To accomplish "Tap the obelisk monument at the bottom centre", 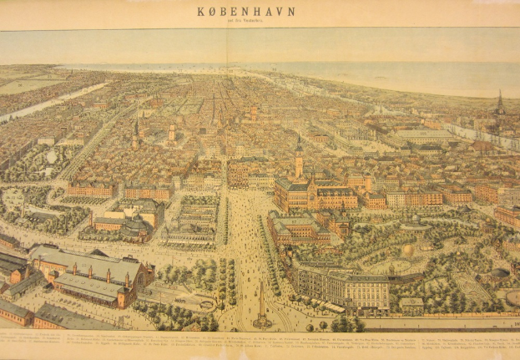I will tap(262, 304).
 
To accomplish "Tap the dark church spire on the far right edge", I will tap(500, 104).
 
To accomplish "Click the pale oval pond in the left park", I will tap(52, 156).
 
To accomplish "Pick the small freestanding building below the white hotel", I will tap(411, 305).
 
